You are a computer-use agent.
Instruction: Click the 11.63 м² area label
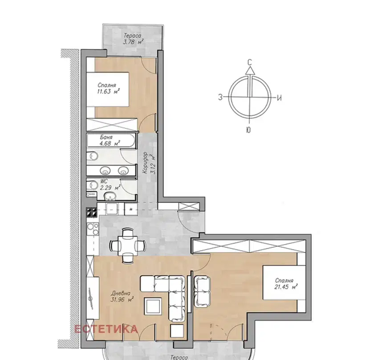click(109, 91)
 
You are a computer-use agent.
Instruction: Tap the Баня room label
click(106, 137)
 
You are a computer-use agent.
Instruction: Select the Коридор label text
click(145, 163)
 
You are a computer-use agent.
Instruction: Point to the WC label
click(104, 181)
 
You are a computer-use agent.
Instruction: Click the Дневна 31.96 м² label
click(122, 297)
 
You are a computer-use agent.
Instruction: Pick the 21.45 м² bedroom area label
click(286, 287)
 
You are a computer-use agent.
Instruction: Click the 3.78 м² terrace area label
click(134, 42)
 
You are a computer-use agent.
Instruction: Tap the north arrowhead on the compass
click(250, 70)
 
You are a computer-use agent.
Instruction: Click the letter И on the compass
click(279, 98)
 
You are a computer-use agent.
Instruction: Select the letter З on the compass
click(220, 97)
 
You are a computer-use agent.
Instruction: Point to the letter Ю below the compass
click(248, 130)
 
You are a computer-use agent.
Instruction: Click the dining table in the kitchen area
click(127, 245)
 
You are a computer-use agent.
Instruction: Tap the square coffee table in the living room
click(153, 305)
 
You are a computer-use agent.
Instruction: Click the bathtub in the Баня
click(111, 141)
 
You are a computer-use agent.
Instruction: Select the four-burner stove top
click(92, 212)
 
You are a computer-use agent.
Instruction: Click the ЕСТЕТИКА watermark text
click(106, 329)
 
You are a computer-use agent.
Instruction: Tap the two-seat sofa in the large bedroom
click(202, 291)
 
